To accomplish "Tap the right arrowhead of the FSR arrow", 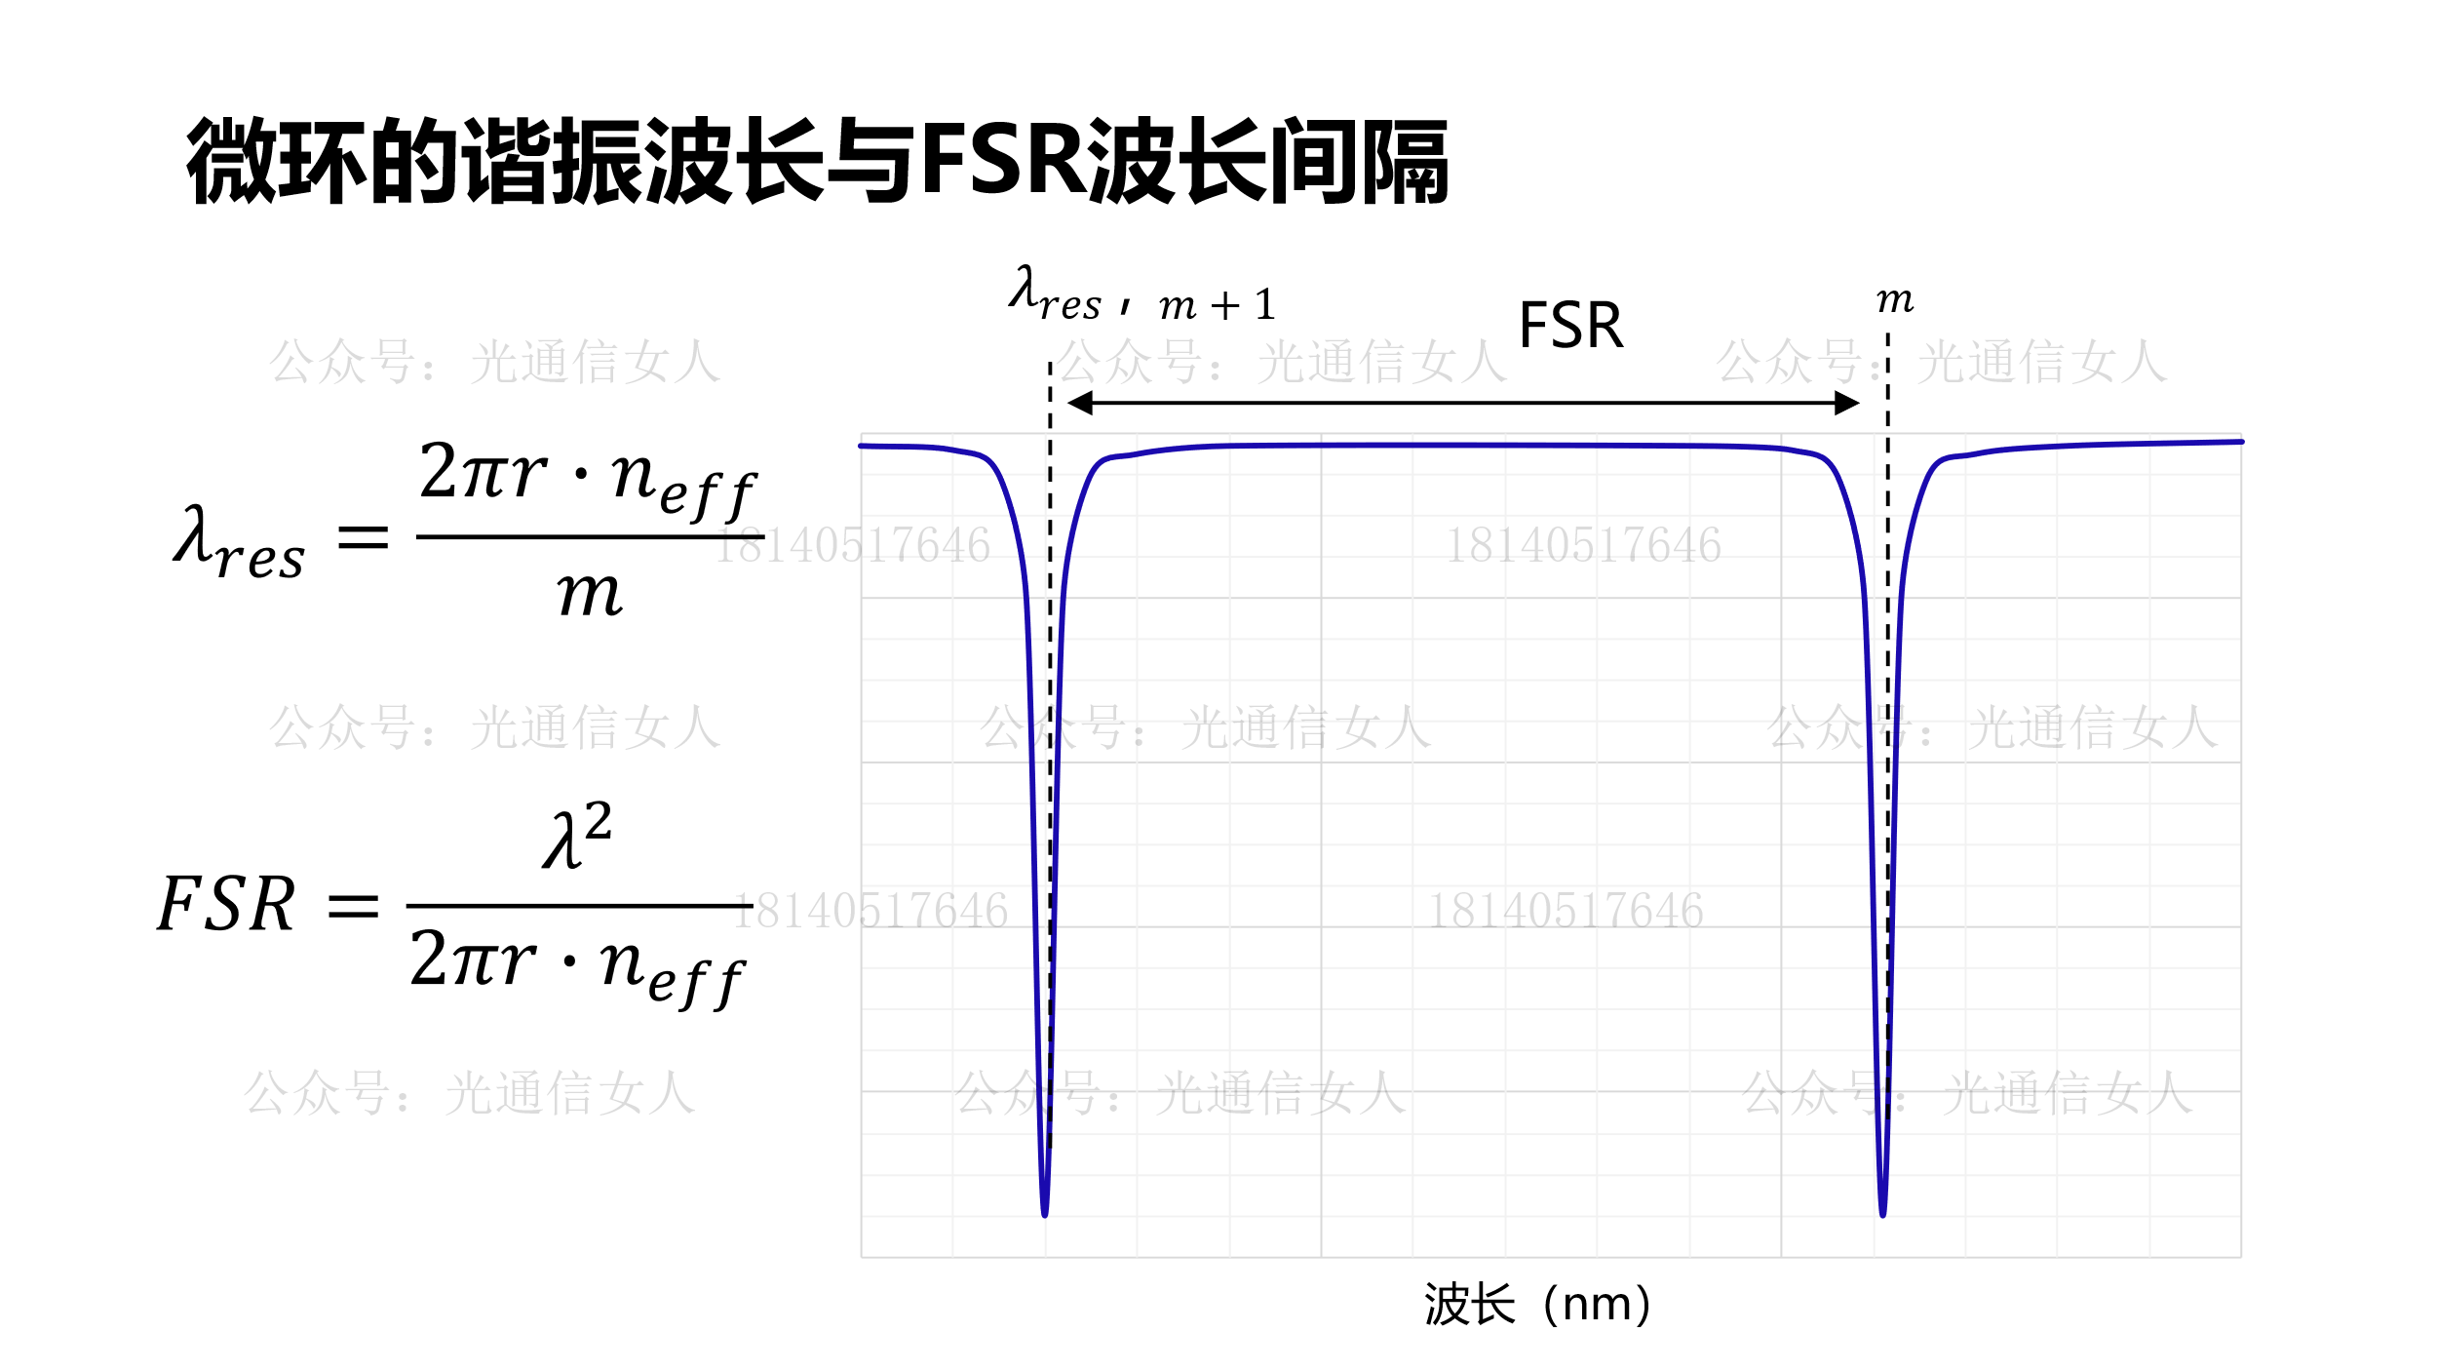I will [x=1846, y=403].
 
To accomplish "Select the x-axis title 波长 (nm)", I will [x=1538, y=1305].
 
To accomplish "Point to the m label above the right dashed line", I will [x=1895, y=299].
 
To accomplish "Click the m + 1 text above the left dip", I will [x=1218, y=305].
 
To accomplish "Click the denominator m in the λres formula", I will [x=589, y=593].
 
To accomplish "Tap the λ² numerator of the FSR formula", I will [x=578, y=836].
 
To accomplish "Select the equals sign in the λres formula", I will [x=363, y=537].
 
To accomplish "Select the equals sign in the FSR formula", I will [x=353, y=906].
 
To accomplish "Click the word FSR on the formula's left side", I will [x=226, y=904].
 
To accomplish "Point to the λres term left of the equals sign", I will [x=238, y=543].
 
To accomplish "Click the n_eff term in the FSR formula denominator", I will [x=673, y=969].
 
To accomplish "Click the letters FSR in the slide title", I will [x=1003, y=160].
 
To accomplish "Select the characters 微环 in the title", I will [x=277, y=160].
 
